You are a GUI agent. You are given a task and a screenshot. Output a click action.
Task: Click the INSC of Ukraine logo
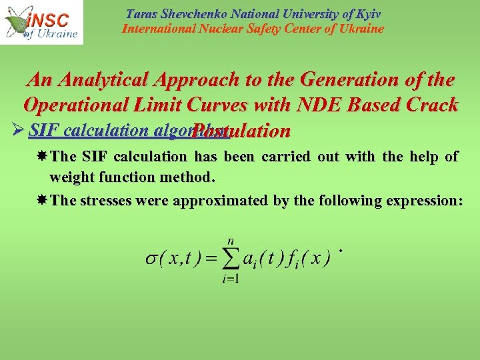pos(42,22)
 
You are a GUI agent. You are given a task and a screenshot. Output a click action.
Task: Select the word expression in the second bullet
pos(424,201)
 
